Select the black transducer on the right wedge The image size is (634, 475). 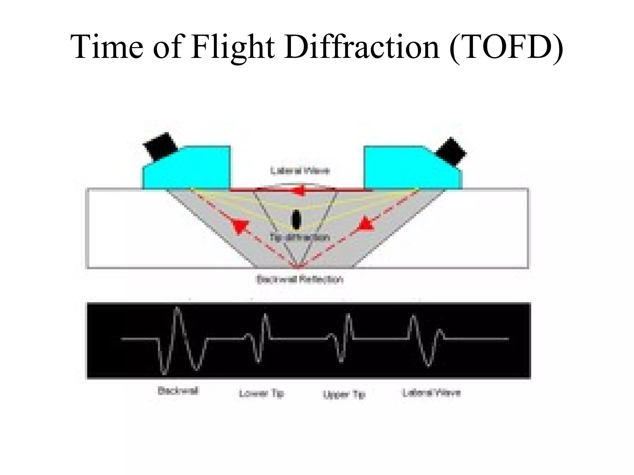click(451, 152)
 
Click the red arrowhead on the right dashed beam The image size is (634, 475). click(367, 224)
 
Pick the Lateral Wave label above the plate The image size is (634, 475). click(300, 171)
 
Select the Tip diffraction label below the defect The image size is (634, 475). click(299, 237)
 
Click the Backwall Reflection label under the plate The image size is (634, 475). click(300, 280)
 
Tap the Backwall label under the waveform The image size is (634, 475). click(178, 391)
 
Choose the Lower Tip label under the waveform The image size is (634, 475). click(262, 394)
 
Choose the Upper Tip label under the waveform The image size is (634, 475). click(344, 394)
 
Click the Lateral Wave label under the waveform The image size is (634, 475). click(432, 393)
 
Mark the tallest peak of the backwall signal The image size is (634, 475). click(177, 309)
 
